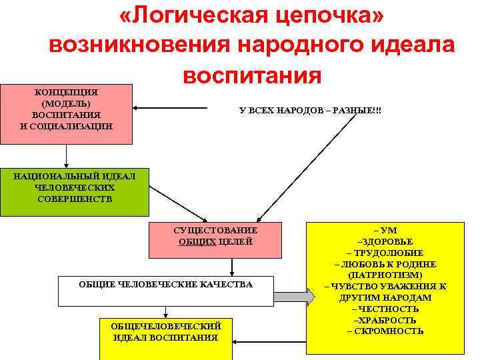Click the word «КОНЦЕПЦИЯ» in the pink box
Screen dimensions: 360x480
coord(66,92)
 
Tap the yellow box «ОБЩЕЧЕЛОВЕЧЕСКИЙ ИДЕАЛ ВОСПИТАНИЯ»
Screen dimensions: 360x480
coord(165,331)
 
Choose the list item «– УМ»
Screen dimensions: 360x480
coord(385,230)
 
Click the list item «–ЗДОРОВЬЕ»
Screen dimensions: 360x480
coord(385,241)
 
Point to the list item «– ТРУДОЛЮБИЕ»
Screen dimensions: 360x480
coord(385,253)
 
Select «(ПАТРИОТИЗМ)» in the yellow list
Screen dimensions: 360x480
coord(385,275)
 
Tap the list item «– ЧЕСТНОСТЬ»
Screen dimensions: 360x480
coord(385,309)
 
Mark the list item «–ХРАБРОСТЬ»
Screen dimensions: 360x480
coord(385,320)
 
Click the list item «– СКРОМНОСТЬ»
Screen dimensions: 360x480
coord(385,331)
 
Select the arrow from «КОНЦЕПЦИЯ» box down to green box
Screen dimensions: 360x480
coord(67,155)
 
